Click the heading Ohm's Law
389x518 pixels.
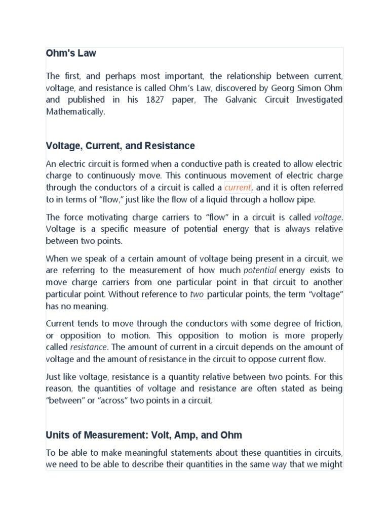[71, 53]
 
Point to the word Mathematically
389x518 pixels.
[75, 112]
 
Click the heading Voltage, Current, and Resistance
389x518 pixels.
[120, 146]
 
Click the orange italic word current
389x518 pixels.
[238, 187]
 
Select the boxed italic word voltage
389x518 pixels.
[327, 217]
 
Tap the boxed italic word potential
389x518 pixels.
[260, 270]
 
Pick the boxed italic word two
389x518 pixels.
[197, 294]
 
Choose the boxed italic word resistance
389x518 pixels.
[88, 347]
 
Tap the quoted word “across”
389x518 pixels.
[104, 401]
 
